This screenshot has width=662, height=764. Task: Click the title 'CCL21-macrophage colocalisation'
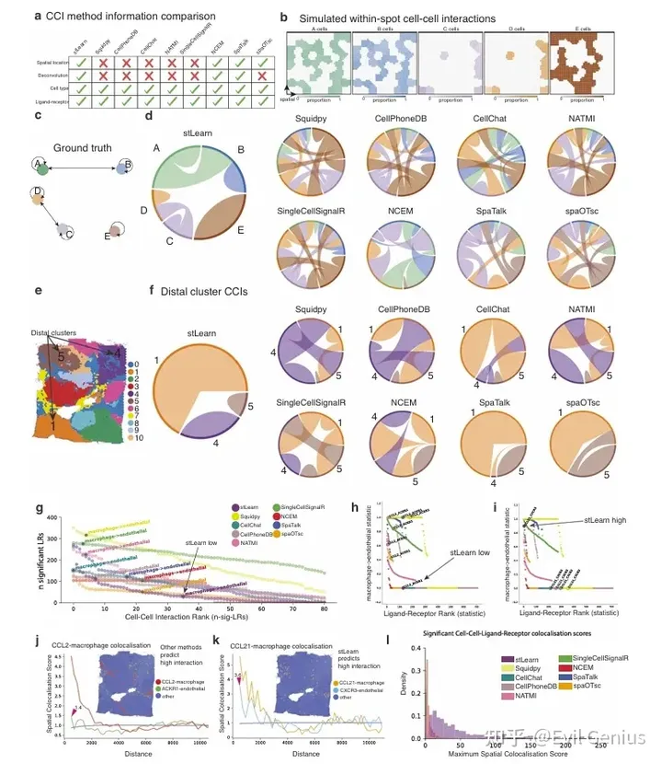point(289,635)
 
